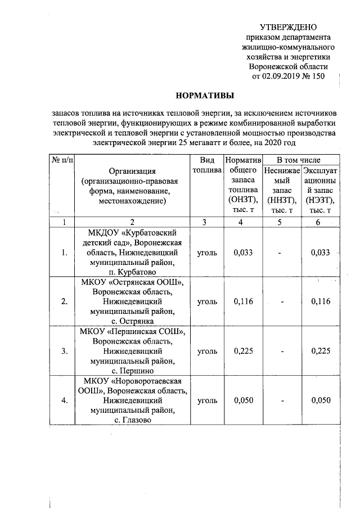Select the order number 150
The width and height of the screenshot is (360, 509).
point(318,75)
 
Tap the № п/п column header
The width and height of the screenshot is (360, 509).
point(62,160)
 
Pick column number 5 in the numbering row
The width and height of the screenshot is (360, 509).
point(280,222)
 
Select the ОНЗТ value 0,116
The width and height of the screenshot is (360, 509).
point(243,301)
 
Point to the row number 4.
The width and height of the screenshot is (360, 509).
point(64,400)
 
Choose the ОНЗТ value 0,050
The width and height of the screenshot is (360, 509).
point(243,400)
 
